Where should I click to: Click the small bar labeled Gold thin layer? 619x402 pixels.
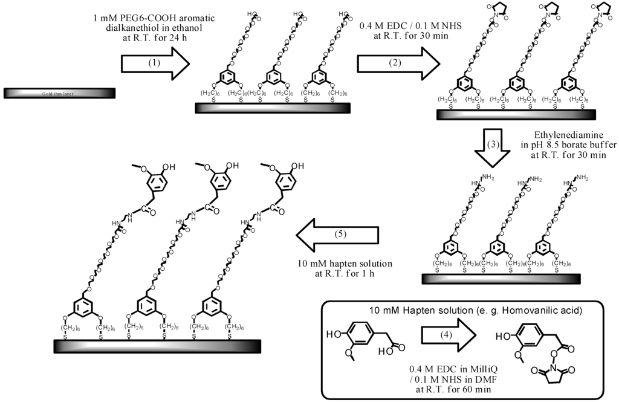(58, 94)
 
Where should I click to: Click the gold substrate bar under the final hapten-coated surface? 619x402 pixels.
(157, 346)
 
